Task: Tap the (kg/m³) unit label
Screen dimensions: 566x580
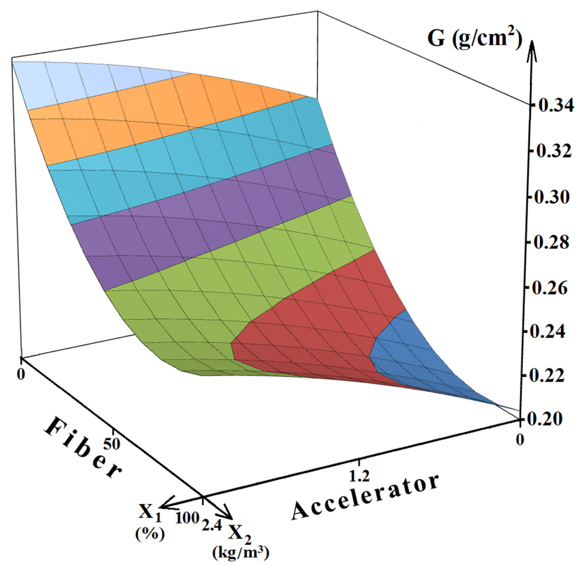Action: coord(240,552)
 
